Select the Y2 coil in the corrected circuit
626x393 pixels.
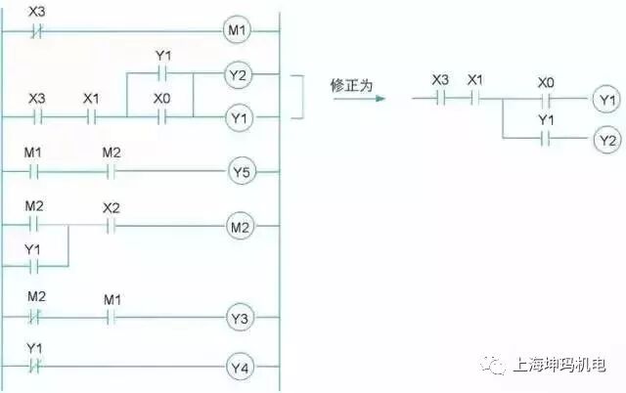(607, 140)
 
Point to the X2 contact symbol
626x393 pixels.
(110, 227)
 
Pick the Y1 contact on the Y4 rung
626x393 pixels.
(35, 368)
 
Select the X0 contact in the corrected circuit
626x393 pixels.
(545, 100)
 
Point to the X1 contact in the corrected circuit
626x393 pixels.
(475, 100)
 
